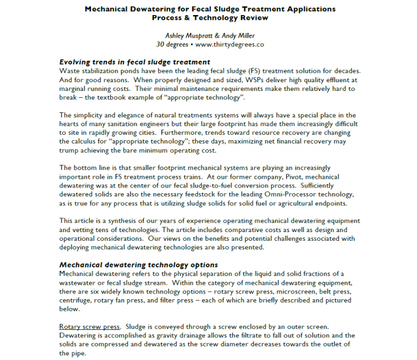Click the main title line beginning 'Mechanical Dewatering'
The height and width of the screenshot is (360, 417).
[x=210, y=9]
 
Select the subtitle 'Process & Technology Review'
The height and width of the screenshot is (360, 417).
[x=210, y=17]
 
